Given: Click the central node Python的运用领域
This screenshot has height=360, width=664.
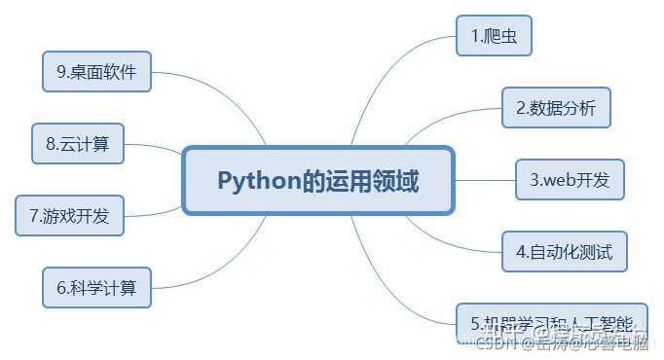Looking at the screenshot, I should click(318, 181).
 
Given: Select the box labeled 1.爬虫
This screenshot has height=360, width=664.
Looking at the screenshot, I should click(495, 37).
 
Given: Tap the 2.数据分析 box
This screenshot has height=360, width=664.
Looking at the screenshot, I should click(556, 108).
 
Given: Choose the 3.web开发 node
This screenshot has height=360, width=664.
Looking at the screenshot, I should click(570, 179).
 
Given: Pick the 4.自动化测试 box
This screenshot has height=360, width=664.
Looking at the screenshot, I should click(565, 252).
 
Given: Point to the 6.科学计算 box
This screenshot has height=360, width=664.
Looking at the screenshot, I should click(96, 287).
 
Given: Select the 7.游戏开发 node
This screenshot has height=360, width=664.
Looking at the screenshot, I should click(70, 215).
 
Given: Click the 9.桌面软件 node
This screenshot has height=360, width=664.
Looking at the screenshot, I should click(96, 71).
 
